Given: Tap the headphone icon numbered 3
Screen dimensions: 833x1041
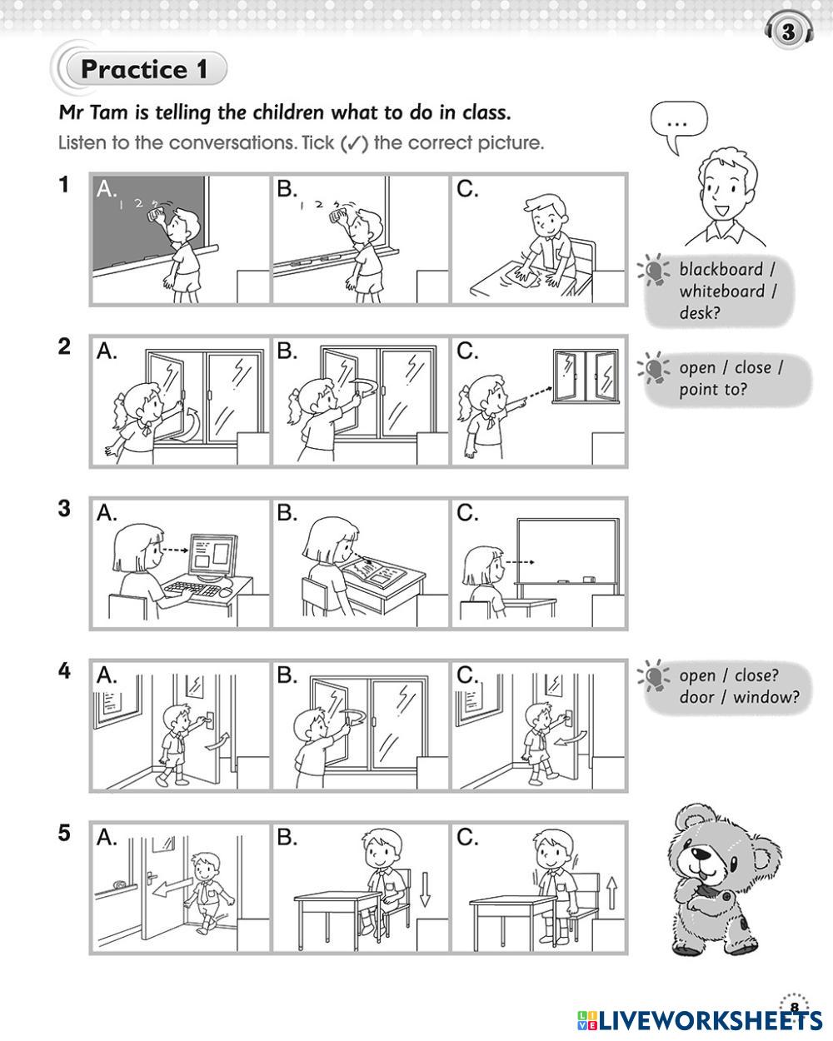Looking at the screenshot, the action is pyautogui.click(x=789, y=31).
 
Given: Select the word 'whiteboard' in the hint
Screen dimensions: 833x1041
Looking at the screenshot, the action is pyautogui.click(x=721, y=291).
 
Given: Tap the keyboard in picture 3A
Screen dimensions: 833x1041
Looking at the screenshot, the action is pyautogui.click(x=193, y=589).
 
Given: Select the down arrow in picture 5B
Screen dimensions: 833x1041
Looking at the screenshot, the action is pyautogui.click(x=425, y=889).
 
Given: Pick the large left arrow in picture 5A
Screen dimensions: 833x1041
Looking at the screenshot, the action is pyautogui.click(x=172, y=887).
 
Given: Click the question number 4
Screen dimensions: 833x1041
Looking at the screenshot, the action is pyautogui.click(x=64, y=671).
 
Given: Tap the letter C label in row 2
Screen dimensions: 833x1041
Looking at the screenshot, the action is pyautogui.click(x=467, y=351).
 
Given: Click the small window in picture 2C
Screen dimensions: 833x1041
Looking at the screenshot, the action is pyautogui.click(x=586, y=376).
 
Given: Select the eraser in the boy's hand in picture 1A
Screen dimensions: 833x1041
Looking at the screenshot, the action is pyautogui.click(x=157, y=215).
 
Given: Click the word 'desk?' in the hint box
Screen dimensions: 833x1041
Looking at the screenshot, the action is pyautogui.click(x=700, y=313).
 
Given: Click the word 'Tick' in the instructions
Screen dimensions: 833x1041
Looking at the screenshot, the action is pyautogui.click(x=318, y=142).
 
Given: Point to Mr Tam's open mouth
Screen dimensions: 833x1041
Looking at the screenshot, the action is pyautogui.click(x=723, y=211).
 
